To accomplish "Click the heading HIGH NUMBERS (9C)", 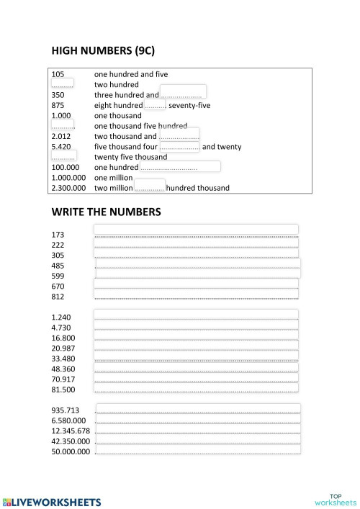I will click(x=103, y=51).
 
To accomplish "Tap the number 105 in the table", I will click(x=58, y=74).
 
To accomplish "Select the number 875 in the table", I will click(x=58, y=105).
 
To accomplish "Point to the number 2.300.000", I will click(x=69, y=189).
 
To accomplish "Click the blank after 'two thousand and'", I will click(x=179, y=135).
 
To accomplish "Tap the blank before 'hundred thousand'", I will click(x=150, y=186).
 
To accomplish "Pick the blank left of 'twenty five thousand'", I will click(x=64, y=156).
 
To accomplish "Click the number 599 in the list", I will click(x=58, y=276).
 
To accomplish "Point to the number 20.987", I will click(x=63, y=348).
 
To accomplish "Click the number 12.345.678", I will click(x=71, y=431).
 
